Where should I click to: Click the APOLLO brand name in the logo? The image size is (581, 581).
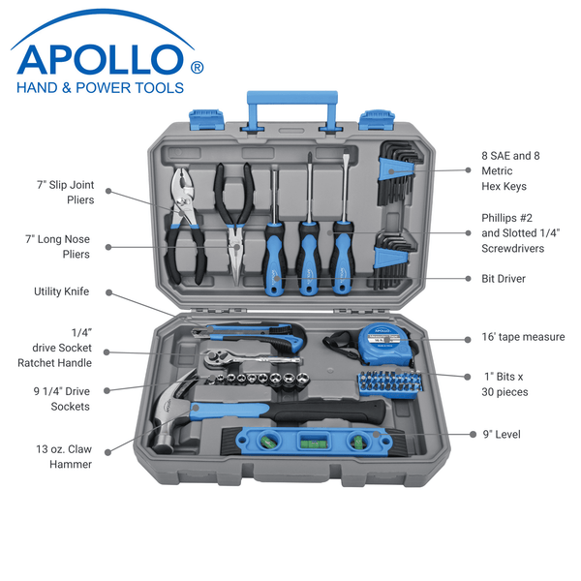(100, 59)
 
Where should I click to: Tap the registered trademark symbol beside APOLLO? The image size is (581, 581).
(197, 68)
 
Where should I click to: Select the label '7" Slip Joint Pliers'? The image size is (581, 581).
(66, 193)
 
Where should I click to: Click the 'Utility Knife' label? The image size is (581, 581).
(62, 291)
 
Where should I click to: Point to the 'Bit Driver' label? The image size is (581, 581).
(504, 279)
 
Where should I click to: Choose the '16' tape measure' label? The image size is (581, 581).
(523, 337)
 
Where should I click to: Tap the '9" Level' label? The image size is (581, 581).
(502, 434)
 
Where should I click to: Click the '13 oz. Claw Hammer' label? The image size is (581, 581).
(64, 456)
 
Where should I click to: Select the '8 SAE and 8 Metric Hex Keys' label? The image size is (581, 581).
(510, 170)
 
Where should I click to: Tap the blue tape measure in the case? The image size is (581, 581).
(384, 344)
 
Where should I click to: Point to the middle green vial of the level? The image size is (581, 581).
(314, 441)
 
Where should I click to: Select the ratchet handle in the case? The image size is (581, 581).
(252, 357)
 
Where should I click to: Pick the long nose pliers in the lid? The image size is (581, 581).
(234, 224)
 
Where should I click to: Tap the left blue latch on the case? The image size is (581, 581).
(206, 119)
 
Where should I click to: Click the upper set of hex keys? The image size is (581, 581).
(398, 172)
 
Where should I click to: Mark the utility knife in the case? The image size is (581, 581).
(249, 336)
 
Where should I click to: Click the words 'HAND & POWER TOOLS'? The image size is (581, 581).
(100, 88)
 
